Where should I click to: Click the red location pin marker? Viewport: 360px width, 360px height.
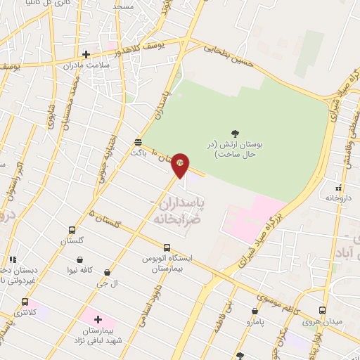tap(181, 165)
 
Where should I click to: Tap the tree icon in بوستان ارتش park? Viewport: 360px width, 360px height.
tap(234, 133)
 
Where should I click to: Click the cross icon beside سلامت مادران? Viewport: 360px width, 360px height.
tap(86, 54)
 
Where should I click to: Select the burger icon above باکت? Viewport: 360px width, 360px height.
tap(138, 141)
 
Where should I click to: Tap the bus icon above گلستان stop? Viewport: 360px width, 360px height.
tap(72, 230)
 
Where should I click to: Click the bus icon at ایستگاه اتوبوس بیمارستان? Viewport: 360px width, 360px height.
tap(167, 247)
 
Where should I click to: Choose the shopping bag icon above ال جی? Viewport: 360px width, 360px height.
tap(107, 271)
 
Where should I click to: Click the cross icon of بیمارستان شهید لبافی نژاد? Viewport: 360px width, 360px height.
tap(98, 319)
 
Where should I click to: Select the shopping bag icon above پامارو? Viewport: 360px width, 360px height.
tap(255, 311)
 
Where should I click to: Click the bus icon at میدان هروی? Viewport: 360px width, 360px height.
tap(322, 310)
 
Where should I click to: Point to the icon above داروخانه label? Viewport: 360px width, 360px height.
tap(338, 188)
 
